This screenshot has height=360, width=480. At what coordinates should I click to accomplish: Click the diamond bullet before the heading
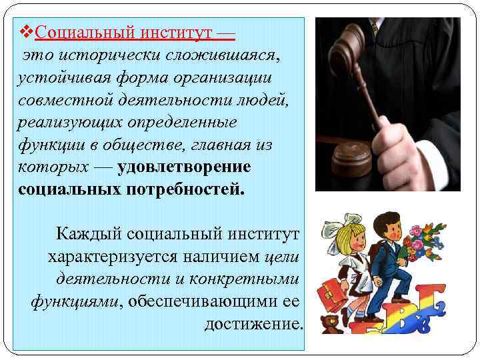[x=28, y=31]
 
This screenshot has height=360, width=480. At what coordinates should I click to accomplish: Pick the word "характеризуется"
[x=109, y=257]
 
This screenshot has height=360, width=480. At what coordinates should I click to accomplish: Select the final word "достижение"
[x=253, y=325]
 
